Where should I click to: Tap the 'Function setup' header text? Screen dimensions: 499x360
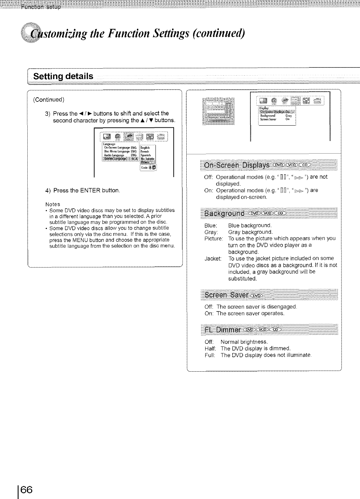click(41, 7)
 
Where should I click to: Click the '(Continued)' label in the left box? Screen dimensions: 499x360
click(49, 99)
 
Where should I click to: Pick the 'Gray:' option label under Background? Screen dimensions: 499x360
click(211, 232)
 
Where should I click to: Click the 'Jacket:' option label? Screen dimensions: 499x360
click(213, 259)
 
